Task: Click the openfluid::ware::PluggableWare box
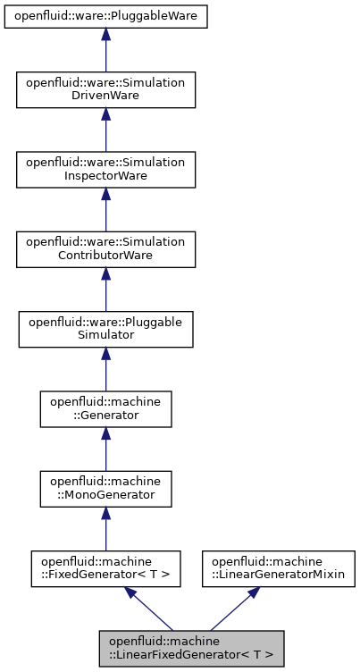[105, 16]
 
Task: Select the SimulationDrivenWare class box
[105, 89]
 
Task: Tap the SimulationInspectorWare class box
[105, 169]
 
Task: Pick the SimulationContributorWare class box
[105, 248]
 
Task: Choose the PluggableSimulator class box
[105, 329]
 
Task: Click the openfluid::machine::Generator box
[105, 408]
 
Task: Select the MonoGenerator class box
[105, 488]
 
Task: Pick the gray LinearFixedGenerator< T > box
[191, 648]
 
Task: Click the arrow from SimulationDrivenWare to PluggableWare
[105, 54]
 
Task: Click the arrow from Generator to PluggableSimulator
[105, 369]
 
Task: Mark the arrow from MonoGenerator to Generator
[105, 449]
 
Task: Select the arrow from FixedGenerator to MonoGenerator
[105, 529]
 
